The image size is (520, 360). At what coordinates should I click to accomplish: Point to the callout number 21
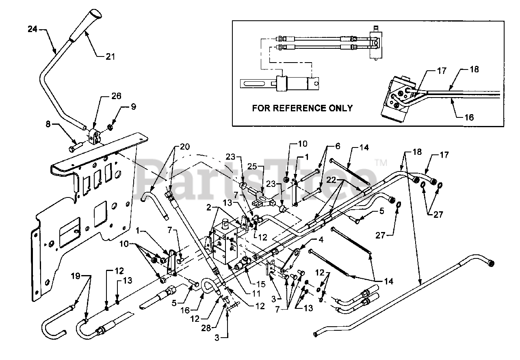(110, 57)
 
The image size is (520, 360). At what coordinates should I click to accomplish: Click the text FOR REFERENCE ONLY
(302, 108)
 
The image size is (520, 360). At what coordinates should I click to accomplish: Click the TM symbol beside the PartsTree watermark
(381, 163)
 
